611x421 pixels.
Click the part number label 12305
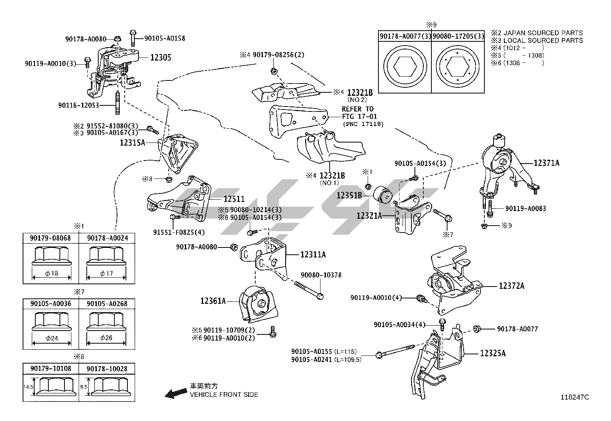click(x=160, y=58)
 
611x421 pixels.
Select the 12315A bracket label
click(x=132, y=143)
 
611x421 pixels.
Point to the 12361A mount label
click(x=213, y=301)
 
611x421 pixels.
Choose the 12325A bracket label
click(x=493, y=353)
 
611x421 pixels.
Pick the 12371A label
click(x=547, y=163)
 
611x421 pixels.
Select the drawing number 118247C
click(x=575, y=397)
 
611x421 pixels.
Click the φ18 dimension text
click(x=51, y=273)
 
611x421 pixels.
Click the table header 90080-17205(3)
click(x=458, y=36)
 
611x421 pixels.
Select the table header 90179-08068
click(x=50, y=238)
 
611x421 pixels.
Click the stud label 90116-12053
click(x=79, y=105)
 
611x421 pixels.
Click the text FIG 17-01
click(x=360, y=116)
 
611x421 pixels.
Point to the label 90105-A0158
click(x=165, y=38)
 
